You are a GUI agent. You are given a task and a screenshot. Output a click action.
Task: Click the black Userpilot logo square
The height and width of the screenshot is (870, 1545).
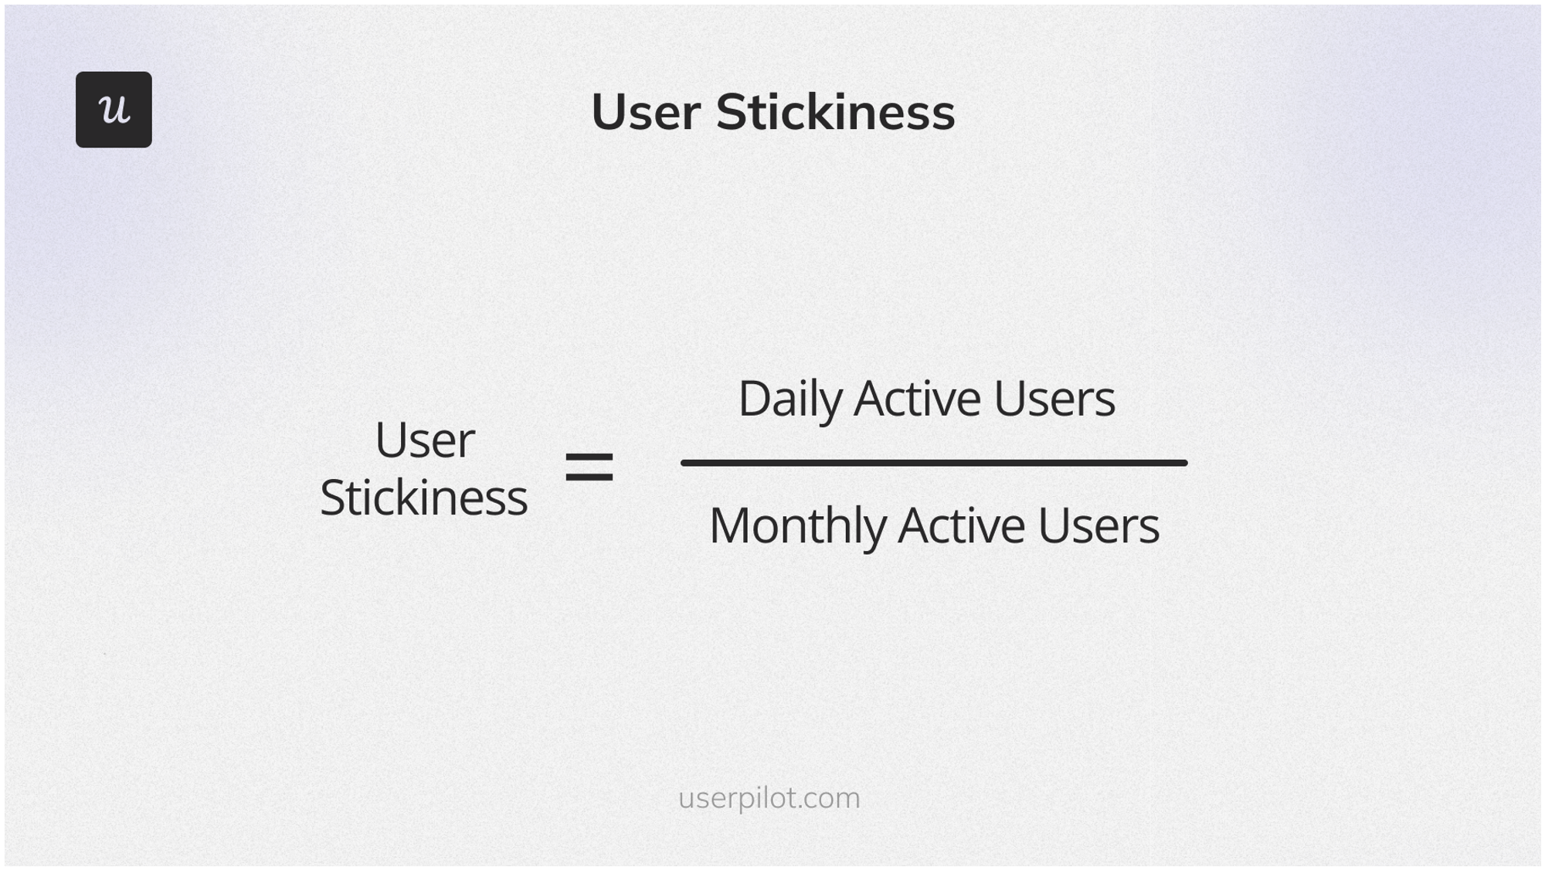coord(114,110)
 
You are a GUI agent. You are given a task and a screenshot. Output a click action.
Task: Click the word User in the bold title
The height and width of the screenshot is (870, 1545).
coord(646,113)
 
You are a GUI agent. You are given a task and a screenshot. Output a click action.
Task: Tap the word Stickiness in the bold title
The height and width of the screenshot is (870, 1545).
coord(835,113)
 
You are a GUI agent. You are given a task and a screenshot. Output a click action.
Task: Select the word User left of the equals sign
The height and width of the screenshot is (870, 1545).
coord(424,440)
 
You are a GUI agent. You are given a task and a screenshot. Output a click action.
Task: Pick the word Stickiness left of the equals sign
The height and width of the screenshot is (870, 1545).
coord(423,498)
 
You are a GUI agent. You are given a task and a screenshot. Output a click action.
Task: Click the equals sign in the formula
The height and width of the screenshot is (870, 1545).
coord(589,467)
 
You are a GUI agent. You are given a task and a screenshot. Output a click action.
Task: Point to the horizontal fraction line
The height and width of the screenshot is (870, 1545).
coord(933,463)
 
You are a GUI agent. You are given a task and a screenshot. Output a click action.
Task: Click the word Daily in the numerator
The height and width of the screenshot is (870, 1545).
coord(789,399)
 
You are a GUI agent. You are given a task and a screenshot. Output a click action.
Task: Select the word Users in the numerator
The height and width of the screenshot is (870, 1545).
coord(1054,399)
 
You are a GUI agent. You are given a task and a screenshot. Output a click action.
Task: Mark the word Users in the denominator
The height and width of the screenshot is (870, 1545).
coord(1098,526)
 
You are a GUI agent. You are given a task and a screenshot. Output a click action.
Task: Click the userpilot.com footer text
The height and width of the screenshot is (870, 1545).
coord(769,798)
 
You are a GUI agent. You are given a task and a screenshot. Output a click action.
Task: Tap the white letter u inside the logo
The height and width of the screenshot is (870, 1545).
coord(114,109)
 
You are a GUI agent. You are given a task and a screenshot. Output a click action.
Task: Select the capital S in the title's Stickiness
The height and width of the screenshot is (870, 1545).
coord(733,113)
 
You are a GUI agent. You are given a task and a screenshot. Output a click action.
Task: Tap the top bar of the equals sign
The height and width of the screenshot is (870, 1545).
coord(589,457)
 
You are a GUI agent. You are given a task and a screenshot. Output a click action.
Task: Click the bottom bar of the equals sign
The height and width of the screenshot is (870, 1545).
coord(589,477)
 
